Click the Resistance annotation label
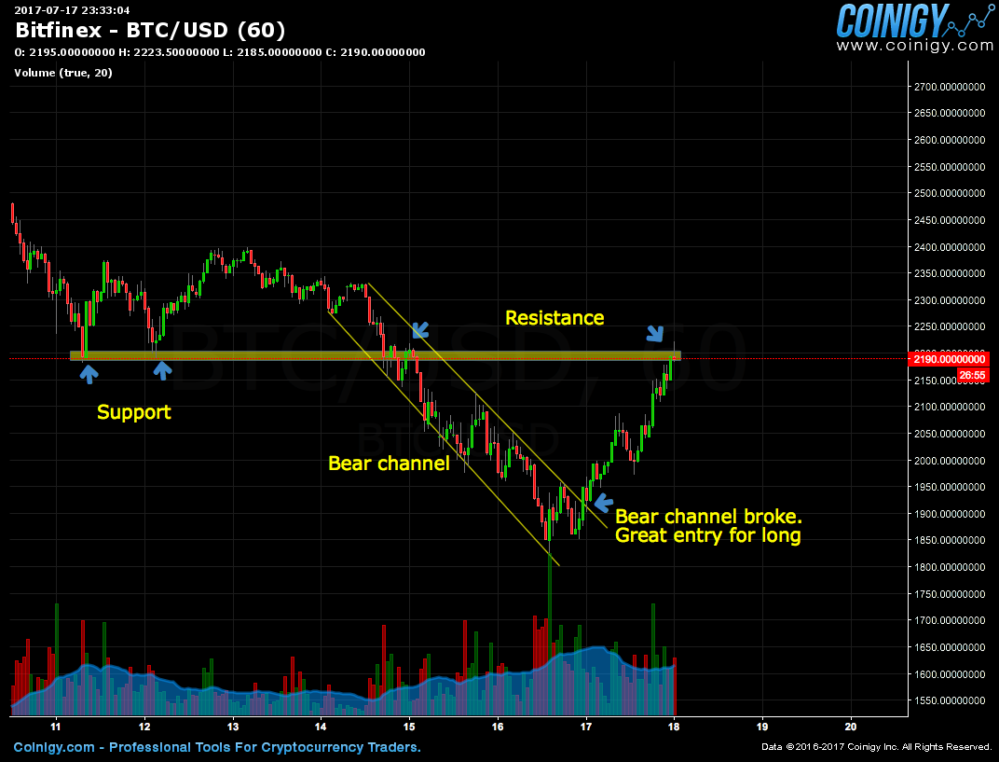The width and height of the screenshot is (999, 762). point(554,318)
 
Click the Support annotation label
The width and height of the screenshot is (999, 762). point(134,412)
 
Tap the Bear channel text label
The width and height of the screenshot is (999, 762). point(389,464)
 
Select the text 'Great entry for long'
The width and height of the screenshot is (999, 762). point(708,536)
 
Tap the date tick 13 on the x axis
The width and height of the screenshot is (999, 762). point(232,726)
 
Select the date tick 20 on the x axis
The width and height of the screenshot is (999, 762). point(851,726)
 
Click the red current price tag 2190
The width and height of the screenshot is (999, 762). point(947,359)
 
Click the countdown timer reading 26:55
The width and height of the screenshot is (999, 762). point(971,375)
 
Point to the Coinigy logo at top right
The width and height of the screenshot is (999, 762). point(914,21)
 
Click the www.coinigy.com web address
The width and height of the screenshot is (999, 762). point(914,45)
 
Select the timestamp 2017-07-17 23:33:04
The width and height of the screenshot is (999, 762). point(72,10)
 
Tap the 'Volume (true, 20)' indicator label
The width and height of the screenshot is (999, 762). point(63,73)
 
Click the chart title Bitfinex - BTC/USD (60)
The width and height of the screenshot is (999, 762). point(150,30)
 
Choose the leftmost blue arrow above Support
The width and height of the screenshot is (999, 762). point(88,374)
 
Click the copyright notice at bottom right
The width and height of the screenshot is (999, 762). point(876,747)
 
